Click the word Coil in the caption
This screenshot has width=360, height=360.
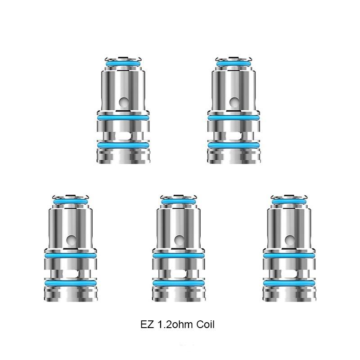click(x=206, y=324)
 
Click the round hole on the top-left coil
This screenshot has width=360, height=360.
click(x=124, y=102)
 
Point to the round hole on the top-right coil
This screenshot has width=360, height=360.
click(x=234, y=102)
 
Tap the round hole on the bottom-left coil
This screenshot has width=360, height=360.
click(x=72, y=239)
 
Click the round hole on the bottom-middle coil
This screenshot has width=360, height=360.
click(x=179, y=239)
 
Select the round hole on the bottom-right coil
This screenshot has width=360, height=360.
click(x=290, y=239)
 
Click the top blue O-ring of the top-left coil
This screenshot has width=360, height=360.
click(x=123, y=64)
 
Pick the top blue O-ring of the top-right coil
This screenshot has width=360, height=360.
click(x=234, y=64)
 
